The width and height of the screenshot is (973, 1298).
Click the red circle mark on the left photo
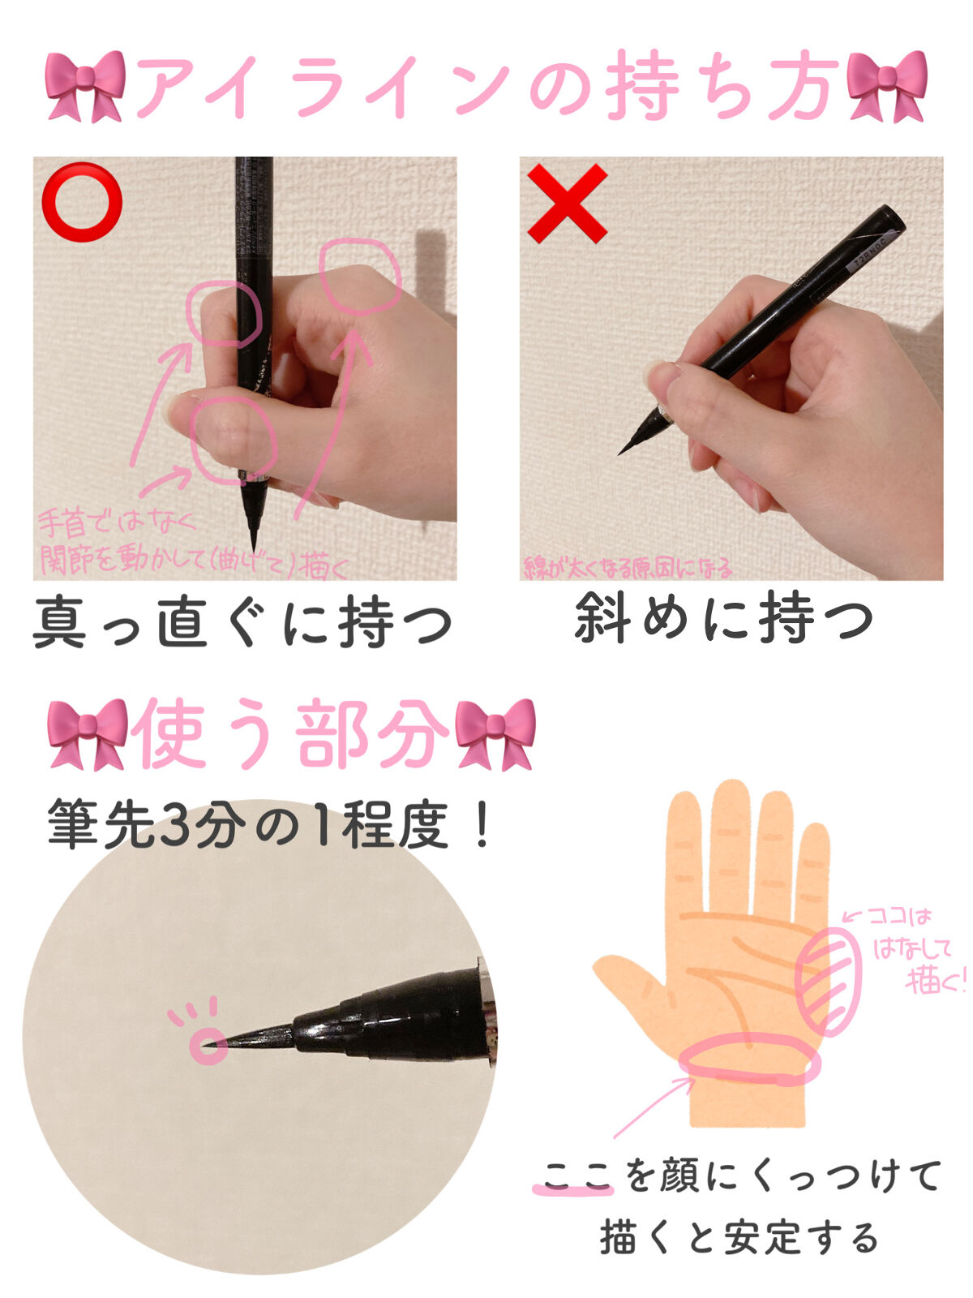[x=82, y=202]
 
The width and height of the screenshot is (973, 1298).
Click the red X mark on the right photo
[x=568, y=203]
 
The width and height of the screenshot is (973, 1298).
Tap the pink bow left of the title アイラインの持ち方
[x=85, y=85]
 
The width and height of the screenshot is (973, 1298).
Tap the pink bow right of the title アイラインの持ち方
[x=886, y=85]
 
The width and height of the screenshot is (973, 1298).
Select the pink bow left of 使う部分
[x=88, y=733]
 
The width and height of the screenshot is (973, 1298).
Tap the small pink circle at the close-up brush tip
[x=208, y=1045]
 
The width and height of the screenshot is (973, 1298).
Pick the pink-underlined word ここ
[x=576, y=1176]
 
